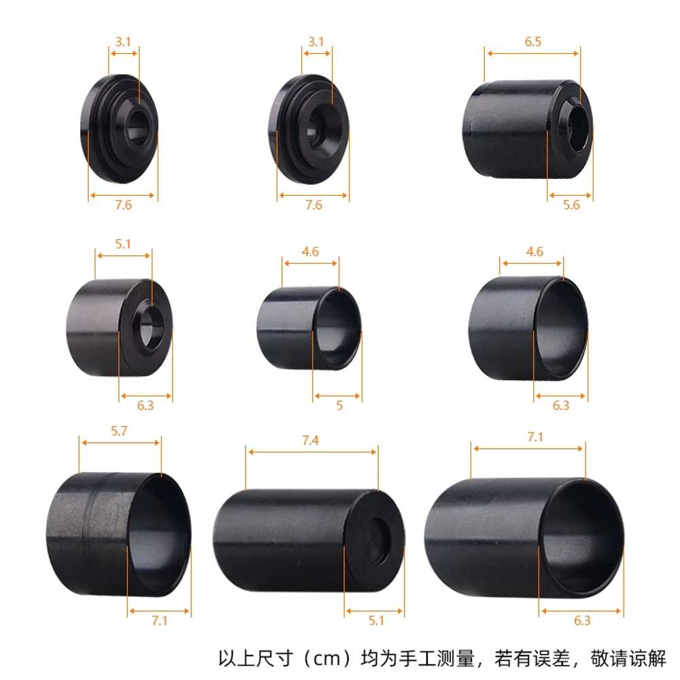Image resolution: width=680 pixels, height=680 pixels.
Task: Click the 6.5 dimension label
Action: pyautogui.click(x=533, y=41)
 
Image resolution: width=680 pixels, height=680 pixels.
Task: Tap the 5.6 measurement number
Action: pyautogui.click(x=571, y=205)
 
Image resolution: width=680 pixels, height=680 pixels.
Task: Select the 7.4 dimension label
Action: pyautogui.click(x=311, y=441)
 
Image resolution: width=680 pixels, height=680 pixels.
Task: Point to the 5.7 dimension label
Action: pyautogui.click(x=119, y=431)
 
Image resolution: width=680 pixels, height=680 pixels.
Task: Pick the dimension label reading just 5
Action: pyautogui.click(x=339, y=405)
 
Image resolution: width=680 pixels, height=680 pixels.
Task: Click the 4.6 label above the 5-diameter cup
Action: pyautogui.click(x=311, y=252)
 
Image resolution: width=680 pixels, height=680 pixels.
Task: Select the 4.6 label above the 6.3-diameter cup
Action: pyautogui.click(x=534, y=252)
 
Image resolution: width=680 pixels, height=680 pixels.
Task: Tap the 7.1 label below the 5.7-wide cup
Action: pyautogui.click(x=160, y=621)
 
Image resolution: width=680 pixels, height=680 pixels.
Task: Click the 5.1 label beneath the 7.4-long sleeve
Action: pyautogui.click(x=377, y=621)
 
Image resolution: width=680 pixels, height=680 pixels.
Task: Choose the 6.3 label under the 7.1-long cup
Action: pyautogui.click(x=583, y=621)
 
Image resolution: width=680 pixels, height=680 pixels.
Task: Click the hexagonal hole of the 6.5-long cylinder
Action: pyautogui.click(x=580, y=129)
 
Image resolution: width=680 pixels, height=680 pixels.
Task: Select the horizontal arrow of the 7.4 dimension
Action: pyautogui.click(x=312, y=452)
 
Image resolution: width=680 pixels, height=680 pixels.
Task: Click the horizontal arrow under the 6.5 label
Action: pyautogui.click(x=533, y=53)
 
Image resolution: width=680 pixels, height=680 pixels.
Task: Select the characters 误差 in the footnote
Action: pyautogui.click(x=551, y=659)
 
